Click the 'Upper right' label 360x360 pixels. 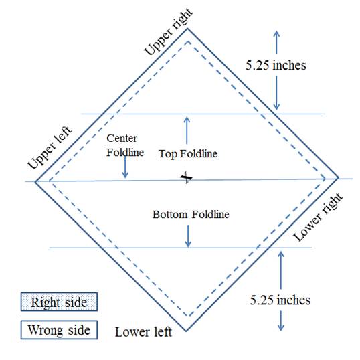tap(169, 31)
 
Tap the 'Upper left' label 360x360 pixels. tap(50, 147)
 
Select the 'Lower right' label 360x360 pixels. tap(319, 217)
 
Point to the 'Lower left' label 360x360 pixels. tap(143, 332)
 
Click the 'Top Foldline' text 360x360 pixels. tap(188, 154)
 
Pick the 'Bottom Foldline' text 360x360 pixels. tap(191, 215)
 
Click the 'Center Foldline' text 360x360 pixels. tap(125, 145)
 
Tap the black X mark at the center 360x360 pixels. tap(187, 177)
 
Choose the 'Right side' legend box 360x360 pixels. tap(60, 302)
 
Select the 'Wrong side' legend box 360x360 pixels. tap(60, 330)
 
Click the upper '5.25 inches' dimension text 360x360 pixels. tap(276, 65)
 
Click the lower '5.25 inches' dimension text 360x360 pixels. tap(280, 300)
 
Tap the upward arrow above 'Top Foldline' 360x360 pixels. tap(187, 130)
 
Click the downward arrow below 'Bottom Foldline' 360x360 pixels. tap(188, 236)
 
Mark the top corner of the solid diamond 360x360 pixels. tap(187, 29)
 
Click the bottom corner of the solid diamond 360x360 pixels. tap(186, 331)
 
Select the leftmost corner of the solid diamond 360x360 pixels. tap(35, 181)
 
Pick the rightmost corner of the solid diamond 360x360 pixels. tap(339, 177)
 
